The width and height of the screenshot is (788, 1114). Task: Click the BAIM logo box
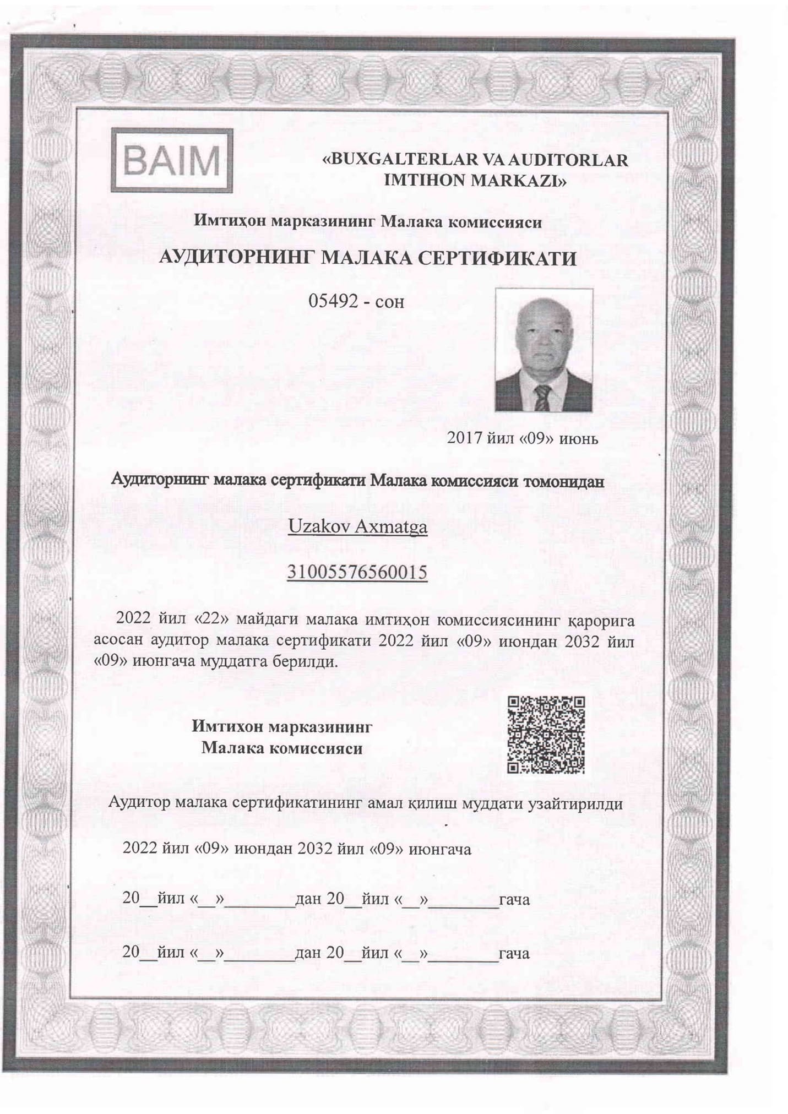coord(172,160)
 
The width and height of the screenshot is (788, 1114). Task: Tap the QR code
coord(546,735)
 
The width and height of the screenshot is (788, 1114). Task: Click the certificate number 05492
coord(332,301)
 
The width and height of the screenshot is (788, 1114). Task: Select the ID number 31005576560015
coord(357,572)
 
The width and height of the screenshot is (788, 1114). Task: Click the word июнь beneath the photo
coord(579,438)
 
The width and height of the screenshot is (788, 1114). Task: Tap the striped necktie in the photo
coord(542,398)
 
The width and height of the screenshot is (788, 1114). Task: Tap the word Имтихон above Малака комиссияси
coord(228,726)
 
